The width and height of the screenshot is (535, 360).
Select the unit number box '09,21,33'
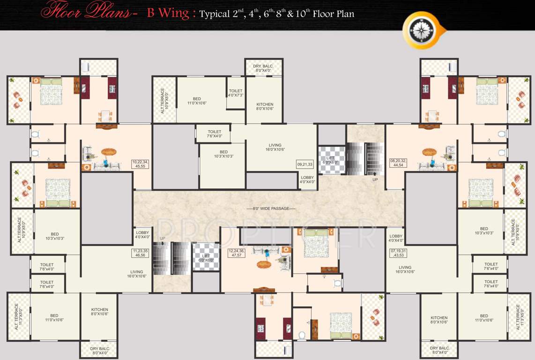point(305,165)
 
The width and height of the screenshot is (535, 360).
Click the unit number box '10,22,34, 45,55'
point(140,164)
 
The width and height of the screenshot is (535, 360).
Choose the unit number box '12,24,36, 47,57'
point(236,254)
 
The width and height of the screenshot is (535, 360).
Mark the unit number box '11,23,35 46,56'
point(141,254)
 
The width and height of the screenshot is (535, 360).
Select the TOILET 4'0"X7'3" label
point(235,93)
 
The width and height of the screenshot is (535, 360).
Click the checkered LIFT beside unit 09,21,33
point(331,160)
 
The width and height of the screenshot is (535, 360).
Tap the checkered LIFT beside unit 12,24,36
point(206,257)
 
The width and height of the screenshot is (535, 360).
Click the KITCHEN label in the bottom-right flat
point(439,320)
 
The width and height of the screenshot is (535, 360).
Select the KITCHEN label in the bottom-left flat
point(99,312)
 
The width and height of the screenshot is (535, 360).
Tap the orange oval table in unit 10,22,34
point(109,151)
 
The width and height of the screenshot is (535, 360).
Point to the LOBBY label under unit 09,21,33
point(307,180)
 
